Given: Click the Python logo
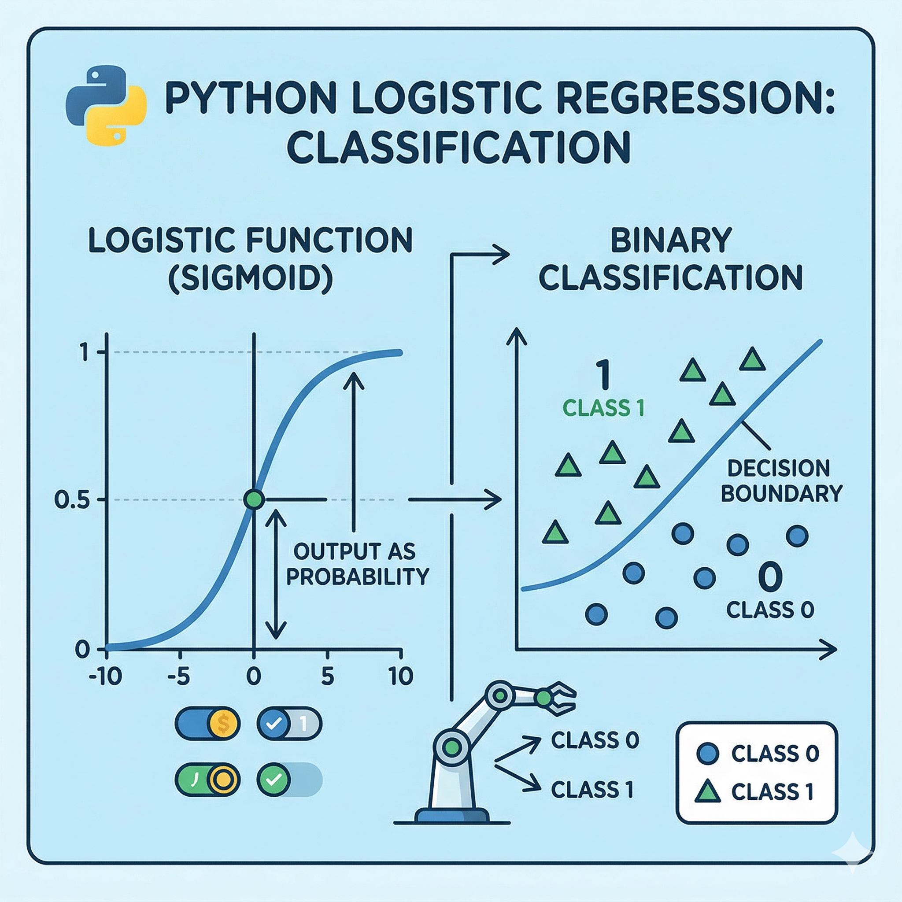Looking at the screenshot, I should point(107,104).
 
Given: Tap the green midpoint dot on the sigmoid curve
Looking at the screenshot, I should point(254,499).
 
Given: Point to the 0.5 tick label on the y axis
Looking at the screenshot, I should point(71,500).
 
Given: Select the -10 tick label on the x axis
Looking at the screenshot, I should point(106,676).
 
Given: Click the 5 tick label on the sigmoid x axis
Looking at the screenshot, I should point(327,676).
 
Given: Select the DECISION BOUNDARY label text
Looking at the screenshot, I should point(781,481).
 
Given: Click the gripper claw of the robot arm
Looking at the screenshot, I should point(559,698).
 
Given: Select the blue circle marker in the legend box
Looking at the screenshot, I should point(708,753).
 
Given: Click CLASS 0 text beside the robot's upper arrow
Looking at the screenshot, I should point(595,740).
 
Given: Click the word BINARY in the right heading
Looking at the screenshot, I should point(671,240).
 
